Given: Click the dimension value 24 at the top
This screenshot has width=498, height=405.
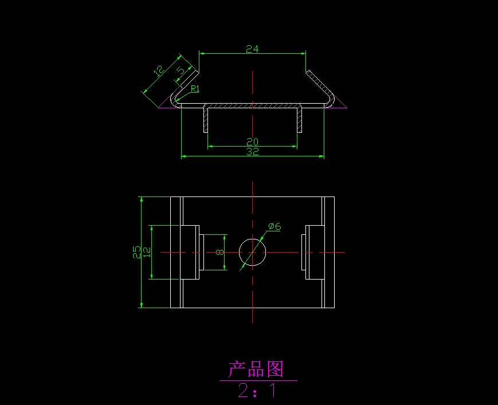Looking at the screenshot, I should [x=252, y=49].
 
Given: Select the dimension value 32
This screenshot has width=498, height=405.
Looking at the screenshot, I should [x=252, y=152].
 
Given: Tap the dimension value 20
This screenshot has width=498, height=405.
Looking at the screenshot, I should [x=252, y=141].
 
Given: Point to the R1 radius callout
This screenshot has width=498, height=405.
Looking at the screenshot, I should [x=195, y=89].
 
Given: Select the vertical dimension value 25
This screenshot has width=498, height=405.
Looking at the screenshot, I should [x=136, y=252].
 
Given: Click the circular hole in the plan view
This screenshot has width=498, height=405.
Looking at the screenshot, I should [x=252, y=253].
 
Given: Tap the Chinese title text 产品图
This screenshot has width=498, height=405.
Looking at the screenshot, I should [x=256, y=369].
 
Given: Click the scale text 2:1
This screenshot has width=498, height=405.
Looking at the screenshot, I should [x=257, y=391].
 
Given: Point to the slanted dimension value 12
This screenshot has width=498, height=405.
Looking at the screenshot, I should [x=159, y=70].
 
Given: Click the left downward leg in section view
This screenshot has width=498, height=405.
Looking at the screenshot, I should [x=206, y=119].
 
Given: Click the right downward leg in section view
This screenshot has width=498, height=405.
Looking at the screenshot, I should [x=299, y=119].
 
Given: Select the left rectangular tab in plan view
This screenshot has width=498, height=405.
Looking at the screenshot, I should [x=190, y=252].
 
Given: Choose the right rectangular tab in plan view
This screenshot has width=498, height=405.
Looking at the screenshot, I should [x=315, y=252].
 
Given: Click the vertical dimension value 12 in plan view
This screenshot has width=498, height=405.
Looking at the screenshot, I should [x=147, y=252].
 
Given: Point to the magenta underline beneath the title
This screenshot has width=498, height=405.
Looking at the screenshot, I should [x=258, y=380].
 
